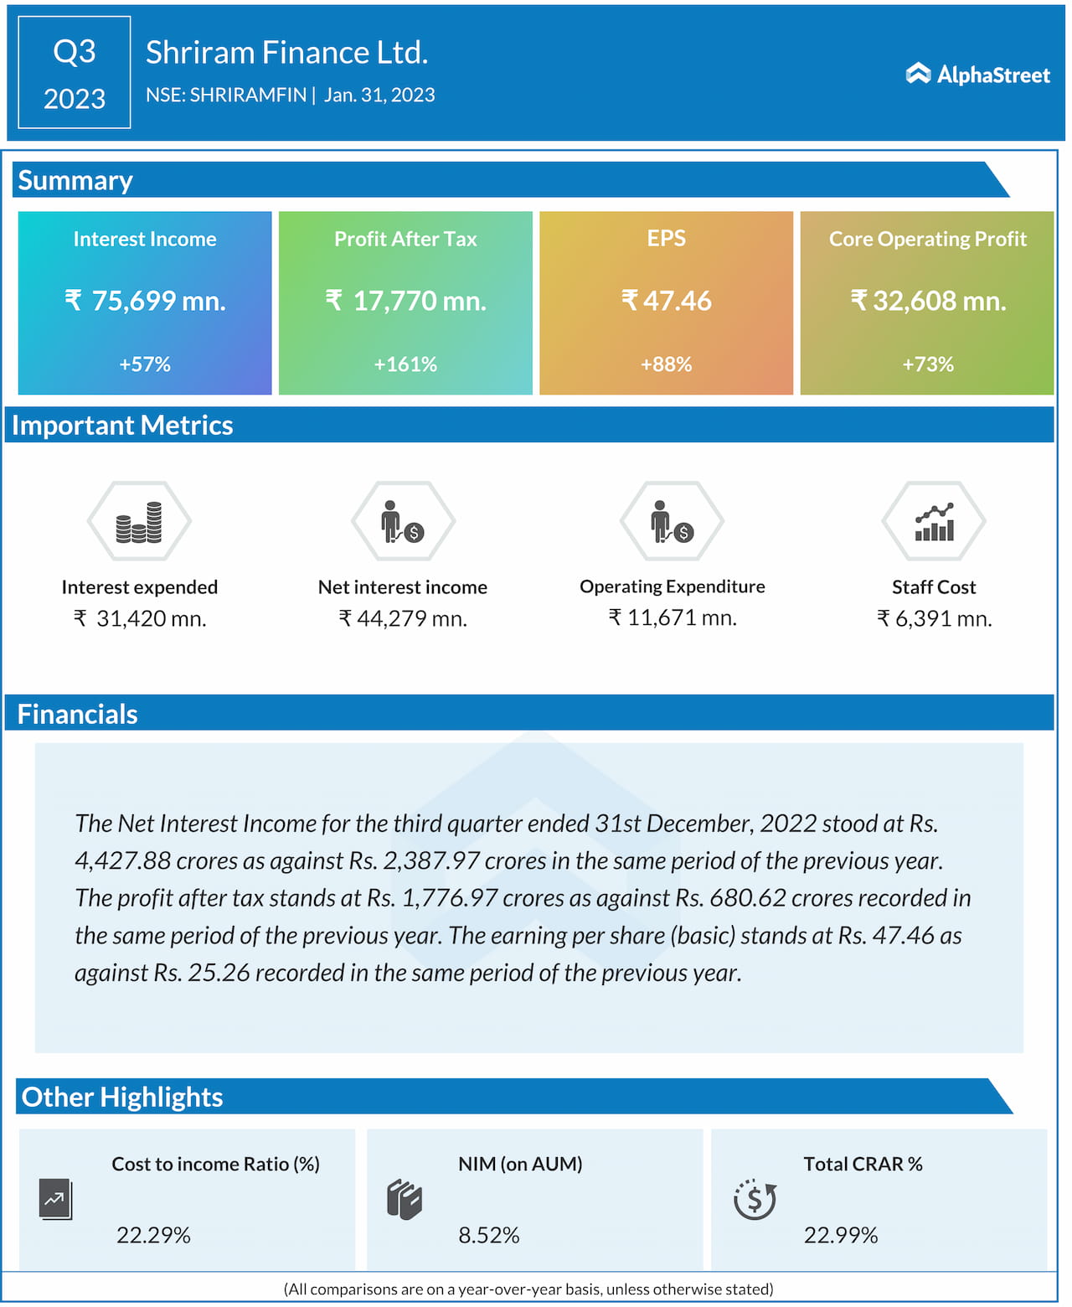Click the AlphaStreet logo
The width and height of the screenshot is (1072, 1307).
977,75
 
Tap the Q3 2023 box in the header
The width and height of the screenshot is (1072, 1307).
75,73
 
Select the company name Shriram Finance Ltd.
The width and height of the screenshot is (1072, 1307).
286,53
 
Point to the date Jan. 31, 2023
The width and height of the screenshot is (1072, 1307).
379,95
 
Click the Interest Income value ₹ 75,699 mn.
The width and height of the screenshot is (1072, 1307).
145,301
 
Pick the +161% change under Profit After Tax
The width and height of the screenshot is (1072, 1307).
405,364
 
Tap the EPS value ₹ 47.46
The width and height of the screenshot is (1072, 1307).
666,301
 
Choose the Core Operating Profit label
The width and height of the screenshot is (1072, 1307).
927,239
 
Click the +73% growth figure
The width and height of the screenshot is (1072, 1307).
927,364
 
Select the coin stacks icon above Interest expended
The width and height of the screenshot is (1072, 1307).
139,521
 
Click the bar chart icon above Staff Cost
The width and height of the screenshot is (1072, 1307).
934,521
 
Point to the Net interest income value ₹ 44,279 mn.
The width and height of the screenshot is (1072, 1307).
403,618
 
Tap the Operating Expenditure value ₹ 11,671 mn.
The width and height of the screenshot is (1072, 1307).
673,617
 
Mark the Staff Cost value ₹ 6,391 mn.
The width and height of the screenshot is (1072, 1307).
934,618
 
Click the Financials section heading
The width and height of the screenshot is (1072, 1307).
78,714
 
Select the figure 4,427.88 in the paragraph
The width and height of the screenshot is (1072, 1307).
122,860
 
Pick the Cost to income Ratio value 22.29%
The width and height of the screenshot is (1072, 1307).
153,1235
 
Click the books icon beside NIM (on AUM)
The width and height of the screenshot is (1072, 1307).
405,1200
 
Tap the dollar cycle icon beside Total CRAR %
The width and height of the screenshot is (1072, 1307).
755,1200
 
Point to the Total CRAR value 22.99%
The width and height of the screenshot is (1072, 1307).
841,1235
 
